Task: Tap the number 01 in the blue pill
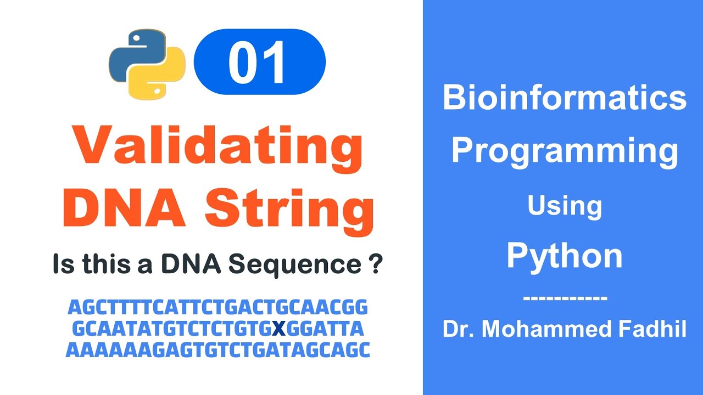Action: [x=259, y=62]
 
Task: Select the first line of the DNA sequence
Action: [x=217, y=308]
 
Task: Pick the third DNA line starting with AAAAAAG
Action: [x=217, y=350]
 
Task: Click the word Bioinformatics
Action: [x=564, y=98]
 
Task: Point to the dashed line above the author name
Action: [x=565, y=298]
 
